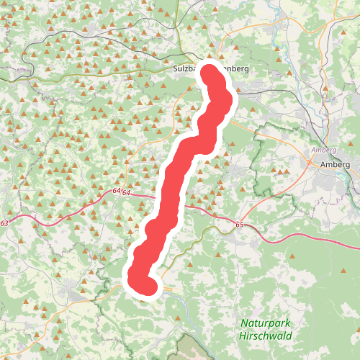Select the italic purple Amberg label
(x=324, y=150)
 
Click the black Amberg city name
(x=335, y=164)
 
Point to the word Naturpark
(x=264, y=323)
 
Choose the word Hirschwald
(x=264, y=336)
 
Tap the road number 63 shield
(x=5, y=224)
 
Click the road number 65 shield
(x=240, y=225)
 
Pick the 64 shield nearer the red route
(x=126, y=192)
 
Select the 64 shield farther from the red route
(x=116, y=192)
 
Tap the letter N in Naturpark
(x=245, y=323)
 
